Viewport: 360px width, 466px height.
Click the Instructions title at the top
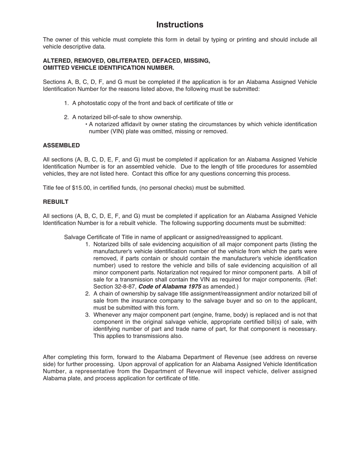pyautogui.click(x=180, y=25)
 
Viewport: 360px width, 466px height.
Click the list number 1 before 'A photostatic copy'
pyautogui.click(x=66, y=103)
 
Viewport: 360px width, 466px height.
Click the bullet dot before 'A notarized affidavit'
pyautogui.click(x=86, y=124)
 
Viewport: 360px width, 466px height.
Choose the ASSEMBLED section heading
pyautogui.click(x=61, y=145)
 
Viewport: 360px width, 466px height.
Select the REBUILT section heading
pyautogui.click(x=56, y=202)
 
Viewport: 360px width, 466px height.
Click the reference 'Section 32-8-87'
pyautogui.click(x=115, y=287)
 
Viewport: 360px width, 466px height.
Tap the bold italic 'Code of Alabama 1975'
pyautogui.click(x=170, y=287)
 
